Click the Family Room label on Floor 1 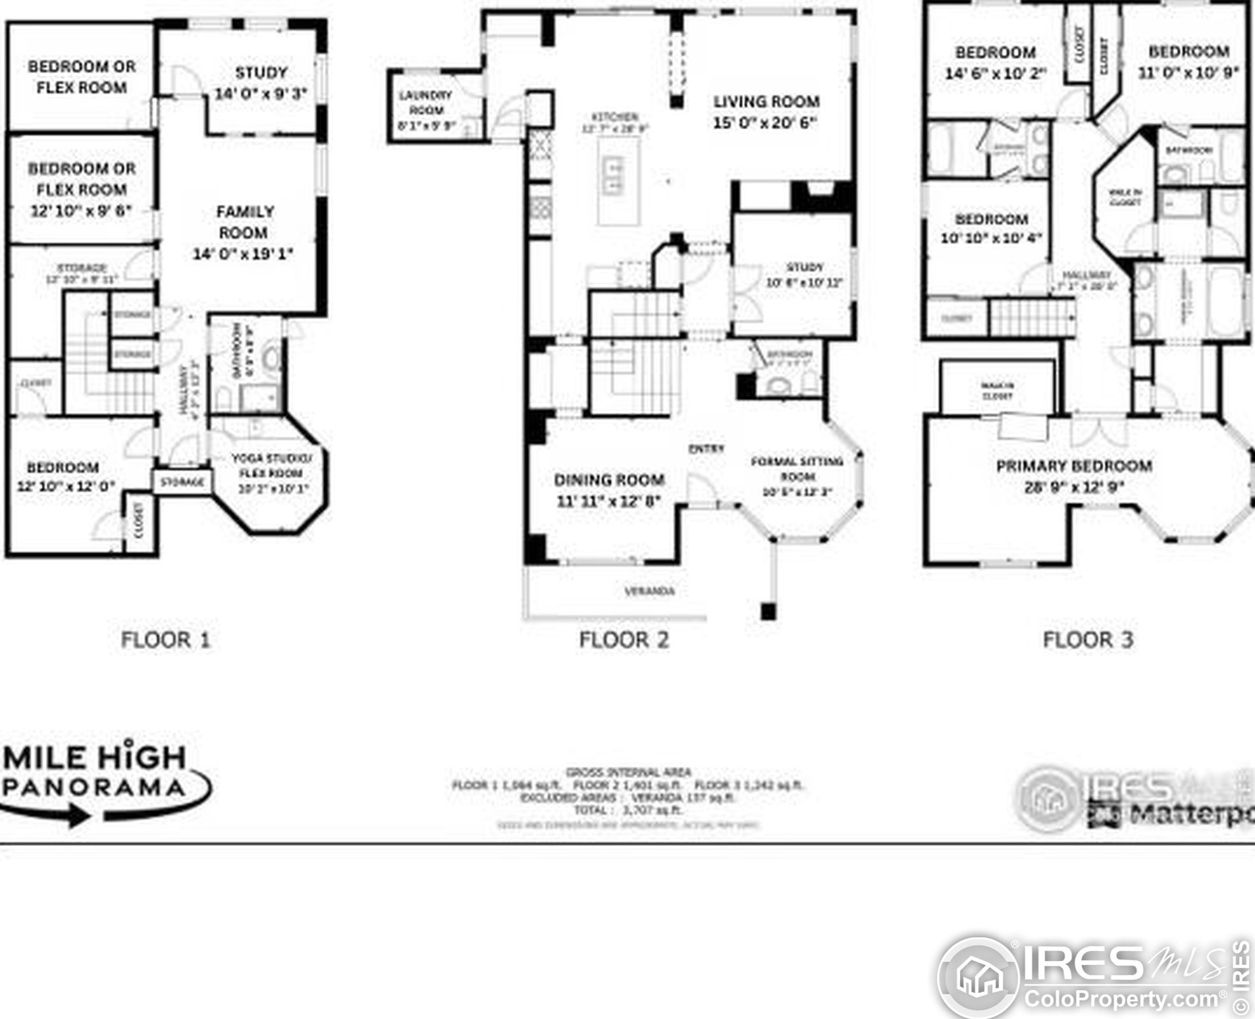244,223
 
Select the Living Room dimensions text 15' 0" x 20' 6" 765,123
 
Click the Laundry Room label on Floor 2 425,103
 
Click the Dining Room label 608,480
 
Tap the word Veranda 649,592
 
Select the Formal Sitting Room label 797,468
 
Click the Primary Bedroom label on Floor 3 1074,466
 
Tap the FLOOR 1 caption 165,640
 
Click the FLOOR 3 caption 1088,640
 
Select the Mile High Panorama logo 99,781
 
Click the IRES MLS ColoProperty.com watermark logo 1093,978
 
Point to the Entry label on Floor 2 706,449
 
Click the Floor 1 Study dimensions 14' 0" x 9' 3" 261,94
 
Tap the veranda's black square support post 768,611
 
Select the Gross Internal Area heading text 628,772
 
